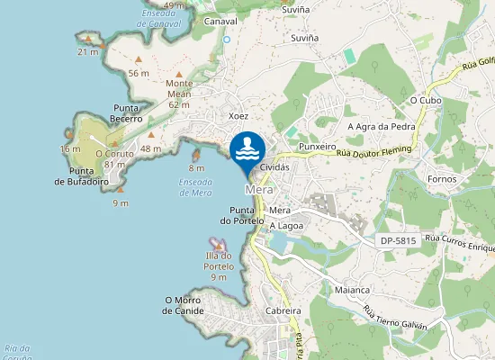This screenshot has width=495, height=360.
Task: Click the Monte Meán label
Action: pyautogui.click(x=179, y=94)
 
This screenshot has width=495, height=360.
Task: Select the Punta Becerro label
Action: pyautogui.click(x=127, y=112)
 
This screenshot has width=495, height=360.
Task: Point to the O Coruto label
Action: pyautogui.click(x=114, y=158)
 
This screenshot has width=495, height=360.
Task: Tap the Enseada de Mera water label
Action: pyautogui.click(x=195, y=186)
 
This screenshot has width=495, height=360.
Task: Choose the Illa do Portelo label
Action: pyautogui.click(x=219, y=261)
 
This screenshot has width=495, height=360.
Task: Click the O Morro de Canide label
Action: pyautogui.click(x=184, y=305)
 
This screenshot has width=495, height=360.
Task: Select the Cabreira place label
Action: pyautogui.click(x=283, y=310)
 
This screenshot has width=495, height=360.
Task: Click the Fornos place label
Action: pyautogui.click(x=442, y=178)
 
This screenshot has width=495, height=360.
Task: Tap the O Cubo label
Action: pyautogui.click(x=423, y=100)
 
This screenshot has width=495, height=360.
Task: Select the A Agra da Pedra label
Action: pyautogui.click(x=382, y=126)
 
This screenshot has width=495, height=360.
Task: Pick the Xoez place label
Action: pyautogui.click(x=238, y=116)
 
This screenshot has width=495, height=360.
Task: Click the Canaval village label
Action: pyautogui.click(x=220, y=20)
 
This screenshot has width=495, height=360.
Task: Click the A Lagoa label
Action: pyautogui.click(x=286, y=225)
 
